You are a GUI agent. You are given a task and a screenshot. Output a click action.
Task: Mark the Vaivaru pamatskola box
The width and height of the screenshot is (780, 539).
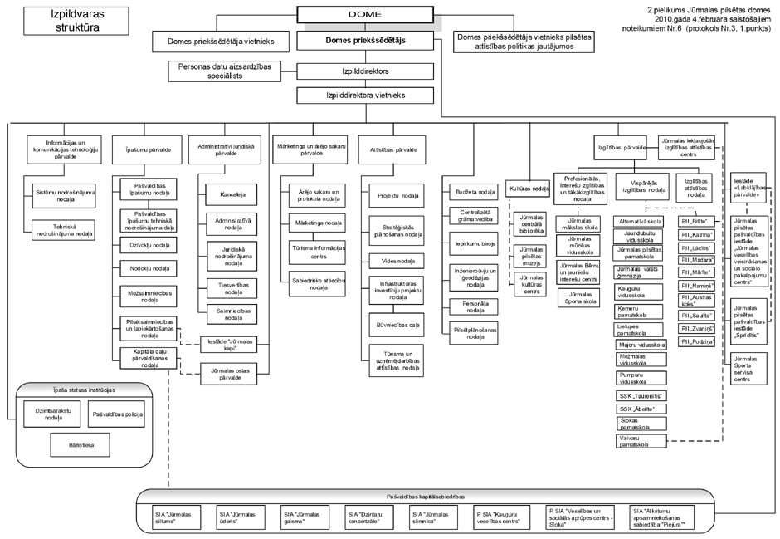pos(640,440)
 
